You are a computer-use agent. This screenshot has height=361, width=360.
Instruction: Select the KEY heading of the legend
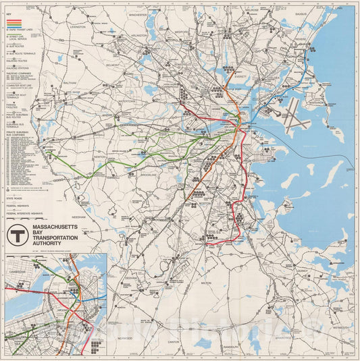pos(9,13)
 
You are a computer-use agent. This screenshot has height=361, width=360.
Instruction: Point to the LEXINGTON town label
pos(78,28)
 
